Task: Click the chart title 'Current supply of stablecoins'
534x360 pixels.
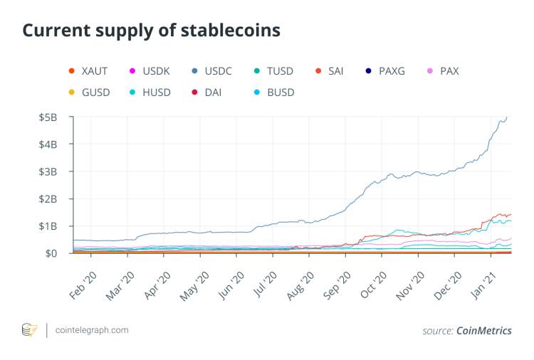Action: (x=152, y=31)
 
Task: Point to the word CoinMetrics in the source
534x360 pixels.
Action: (x=484, y=330)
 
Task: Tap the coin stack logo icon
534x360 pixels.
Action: (x=30, y=330)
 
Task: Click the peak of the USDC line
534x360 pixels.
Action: (x=506, y=117)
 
